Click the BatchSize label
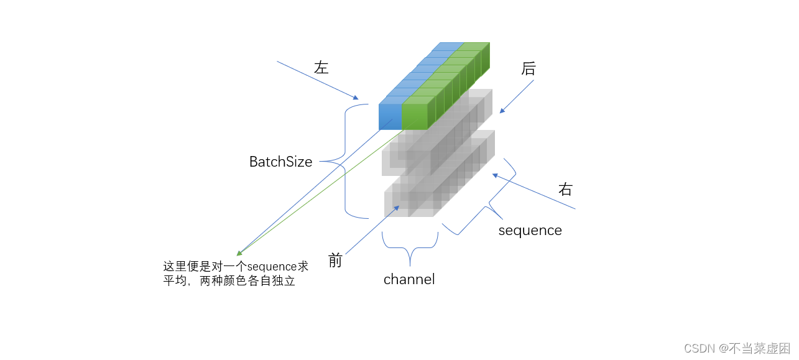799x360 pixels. point(280,162)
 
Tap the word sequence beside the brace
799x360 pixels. point(530,231)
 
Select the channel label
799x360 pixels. point(409,280)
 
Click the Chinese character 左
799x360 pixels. point(321,68)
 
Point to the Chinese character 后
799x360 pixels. point(528,68)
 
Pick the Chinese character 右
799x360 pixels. point(565,190)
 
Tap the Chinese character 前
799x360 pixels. point(335,261)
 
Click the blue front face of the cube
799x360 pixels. point(390,117)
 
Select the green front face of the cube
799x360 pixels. point(415,117)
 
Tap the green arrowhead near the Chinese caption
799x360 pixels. point(239,254)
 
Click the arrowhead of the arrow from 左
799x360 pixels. point(356,98)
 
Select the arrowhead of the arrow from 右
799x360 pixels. point(496,175)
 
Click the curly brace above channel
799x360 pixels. point(410,247)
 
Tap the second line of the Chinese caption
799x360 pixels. point(228,281)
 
